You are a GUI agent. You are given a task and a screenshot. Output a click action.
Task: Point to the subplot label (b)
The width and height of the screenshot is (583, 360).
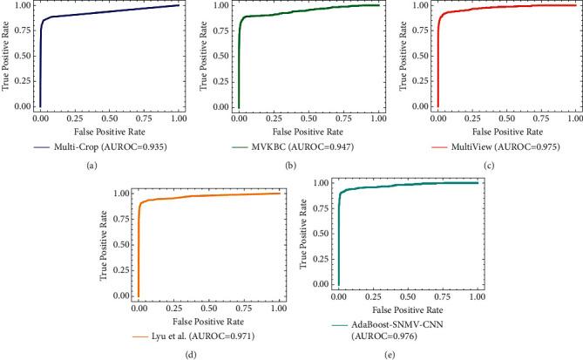click(x=292, y=166)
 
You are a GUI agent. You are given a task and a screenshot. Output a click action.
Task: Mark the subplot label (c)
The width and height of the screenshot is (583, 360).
click(x=487, y=166)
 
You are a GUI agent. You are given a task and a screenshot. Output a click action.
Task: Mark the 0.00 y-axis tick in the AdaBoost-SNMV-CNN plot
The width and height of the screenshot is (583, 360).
click(x=322, y=283)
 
